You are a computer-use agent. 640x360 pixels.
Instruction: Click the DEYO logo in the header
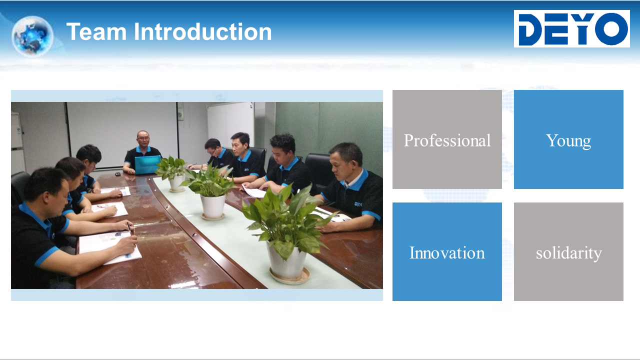pyautogui.click(x=571, y=28)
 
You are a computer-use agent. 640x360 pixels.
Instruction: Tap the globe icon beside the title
pyautogui.click(x=32, y=36)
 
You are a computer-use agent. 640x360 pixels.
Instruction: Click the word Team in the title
pyautogui.click(x=96, y=31)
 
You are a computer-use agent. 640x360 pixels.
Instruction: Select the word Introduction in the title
pyautogui.click(x=202, y=31)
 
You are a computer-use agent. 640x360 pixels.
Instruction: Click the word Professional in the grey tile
pyautogui.click(x=447, y=140)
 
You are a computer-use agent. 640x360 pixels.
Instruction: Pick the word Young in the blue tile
pyautogui.click(x=568, y=141)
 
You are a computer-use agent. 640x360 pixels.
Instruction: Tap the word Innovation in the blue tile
pyautogui.click(x=447, y=253)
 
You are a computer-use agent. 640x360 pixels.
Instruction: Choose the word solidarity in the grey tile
pyautogui.click(x=568, y=253)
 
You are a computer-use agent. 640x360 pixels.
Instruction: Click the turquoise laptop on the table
pyautogui.click(x=147, y=165)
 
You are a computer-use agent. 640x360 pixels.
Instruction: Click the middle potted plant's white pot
pyautogui.click(x=213, y=206)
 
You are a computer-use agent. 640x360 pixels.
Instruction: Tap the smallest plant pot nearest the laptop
pyautogui.click(x=177, y=183)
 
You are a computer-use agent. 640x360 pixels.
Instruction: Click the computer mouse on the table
pyautogui.click(x=117, y=173)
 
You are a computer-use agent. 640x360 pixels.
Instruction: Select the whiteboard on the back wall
pyautogui.click(x=230, y=124)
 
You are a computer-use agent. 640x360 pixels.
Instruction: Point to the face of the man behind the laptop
pyautogui.click(x=143, y=139)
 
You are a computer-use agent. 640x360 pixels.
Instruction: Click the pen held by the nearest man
pyautogui.click(x=129, y=229)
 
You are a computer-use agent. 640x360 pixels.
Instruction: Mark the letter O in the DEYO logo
pyautogui.click(x=611, y=29)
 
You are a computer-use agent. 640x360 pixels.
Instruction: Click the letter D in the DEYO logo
pyautogui.click(x=530, y=29)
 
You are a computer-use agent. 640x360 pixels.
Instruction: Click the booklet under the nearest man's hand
pyautogui.click(x=110, y=247)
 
